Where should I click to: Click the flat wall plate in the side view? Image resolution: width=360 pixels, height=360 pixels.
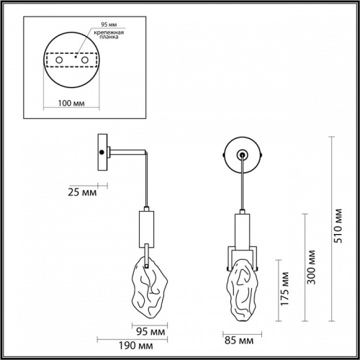104,152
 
